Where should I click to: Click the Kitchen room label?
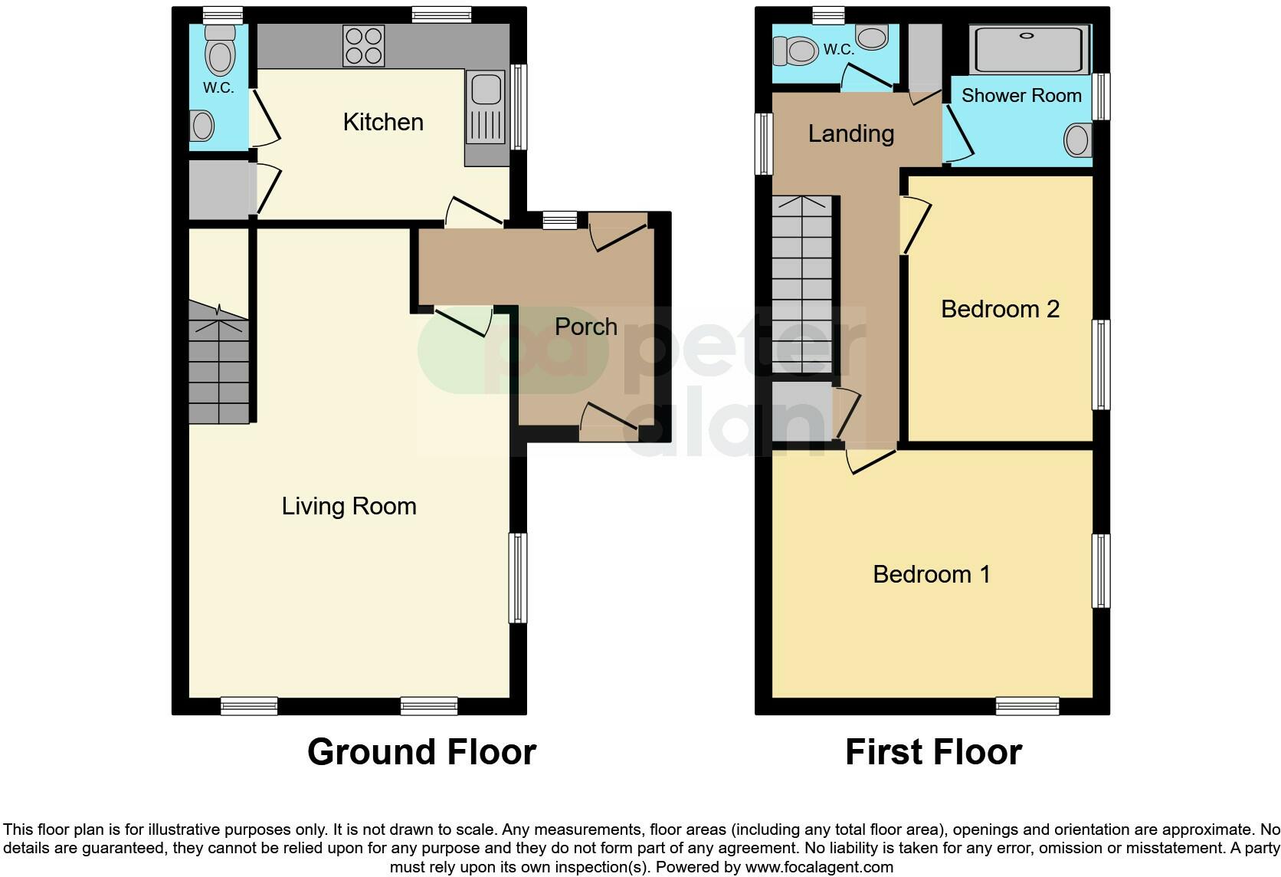(x=383, y=122)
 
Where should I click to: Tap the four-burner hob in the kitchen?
(x=364, y=46)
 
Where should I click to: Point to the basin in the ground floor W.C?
(x=202, y=126)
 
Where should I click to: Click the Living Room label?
(x=349, y=506)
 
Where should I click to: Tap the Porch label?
(x=586, y=327)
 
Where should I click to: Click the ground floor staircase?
(x=219, y=368)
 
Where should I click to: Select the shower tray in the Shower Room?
(x=1029, y=49)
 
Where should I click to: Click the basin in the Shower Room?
(x=1076, y=140)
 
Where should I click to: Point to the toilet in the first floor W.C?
(x=797, y=51)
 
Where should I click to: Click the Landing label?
(x=851, y=134)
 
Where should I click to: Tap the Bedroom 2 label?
(x=1000, y=309)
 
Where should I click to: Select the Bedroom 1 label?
(x=932, y=574)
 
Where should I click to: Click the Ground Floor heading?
(x=421, y=752)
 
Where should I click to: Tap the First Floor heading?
(x=933, y=752)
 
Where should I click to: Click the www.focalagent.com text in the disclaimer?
(x=819, y=868)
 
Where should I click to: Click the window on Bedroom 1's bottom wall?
(x=1027, y=706)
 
